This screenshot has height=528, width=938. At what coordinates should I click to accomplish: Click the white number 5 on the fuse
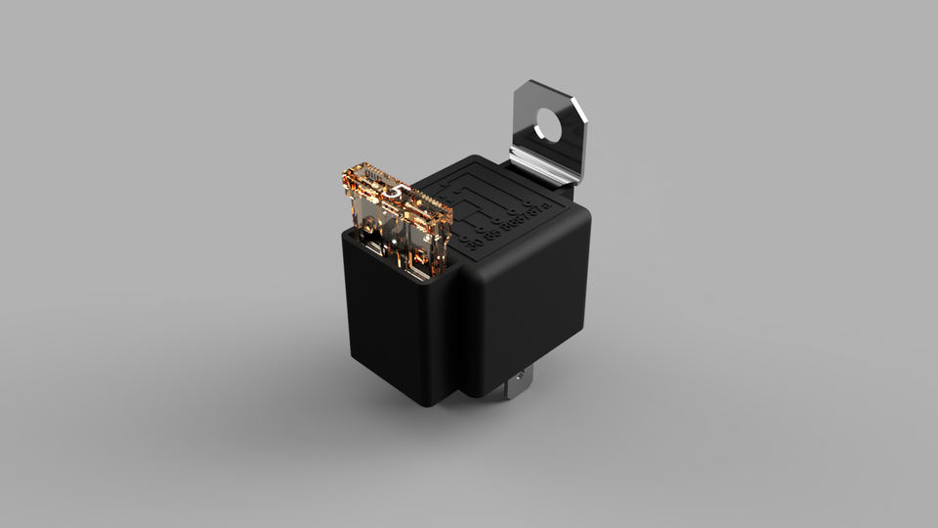(x=392, y=193)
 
